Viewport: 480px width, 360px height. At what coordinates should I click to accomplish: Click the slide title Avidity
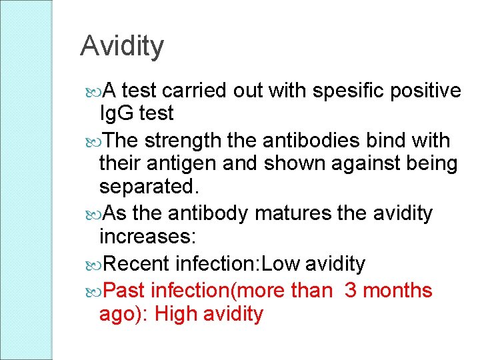click(x=121, y=46)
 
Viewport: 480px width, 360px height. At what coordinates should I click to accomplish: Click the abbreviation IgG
click(x=117, y=113)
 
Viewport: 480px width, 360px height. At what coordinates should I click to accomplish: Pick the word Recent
click(x=137, y=264)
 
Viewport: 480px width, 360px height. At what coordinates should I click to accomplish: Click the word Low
click(x=281, y=264)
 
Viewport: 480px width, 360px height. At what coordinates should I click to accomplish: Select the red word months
click(x=400, y=291)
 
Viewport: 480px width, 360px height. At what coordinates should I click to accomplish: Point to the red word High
click(x=179, y=313)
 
